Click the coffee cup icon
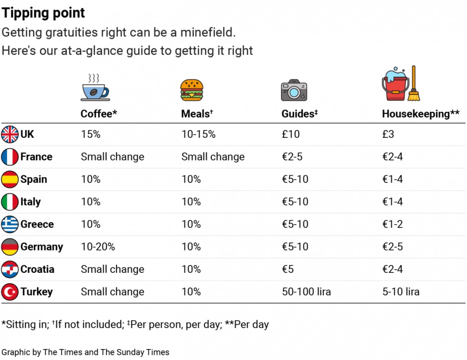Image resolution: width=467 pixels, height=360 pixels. coord(94,87)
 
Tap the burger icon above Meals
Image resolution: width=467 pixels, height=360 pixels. coord(192,90)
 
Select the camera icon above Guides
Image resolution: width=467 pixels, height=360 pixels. coord(294,90)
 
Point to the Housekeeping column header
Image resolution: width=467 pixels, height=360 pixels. coord(420,114)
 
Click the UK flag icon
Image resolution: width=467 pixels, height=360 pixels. coord(10,135)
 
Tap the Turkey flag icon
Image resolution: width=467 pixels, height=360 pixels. coord(10,292)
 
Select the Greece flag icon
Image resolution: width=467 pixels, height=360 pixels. coord(10,224)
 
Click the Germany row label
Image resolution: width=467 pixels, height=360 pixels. coord(42,247)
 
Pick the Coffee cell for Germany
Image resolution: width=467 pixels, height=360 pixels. coord(98,247)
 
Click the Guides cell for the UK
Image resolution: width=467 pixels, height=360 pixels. coord(291,135)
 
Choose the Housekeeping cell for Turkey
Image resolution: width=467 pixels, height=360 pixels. coord(401,292)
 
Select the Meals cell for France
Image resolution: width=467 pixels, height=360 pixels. coord(213,157)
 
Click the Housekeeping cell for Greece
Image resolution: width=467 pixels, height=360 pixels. coord(392,224)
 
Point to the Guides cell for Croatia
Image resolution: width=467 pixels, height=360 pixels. coord(288,269)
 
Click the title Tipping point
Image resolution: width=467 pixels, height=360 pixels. coord(43,13)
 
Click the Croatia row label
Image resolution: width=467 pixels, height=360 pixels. coord(37,269)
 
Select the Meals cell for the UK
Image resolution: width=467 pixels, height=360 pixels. coord(198,135)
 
